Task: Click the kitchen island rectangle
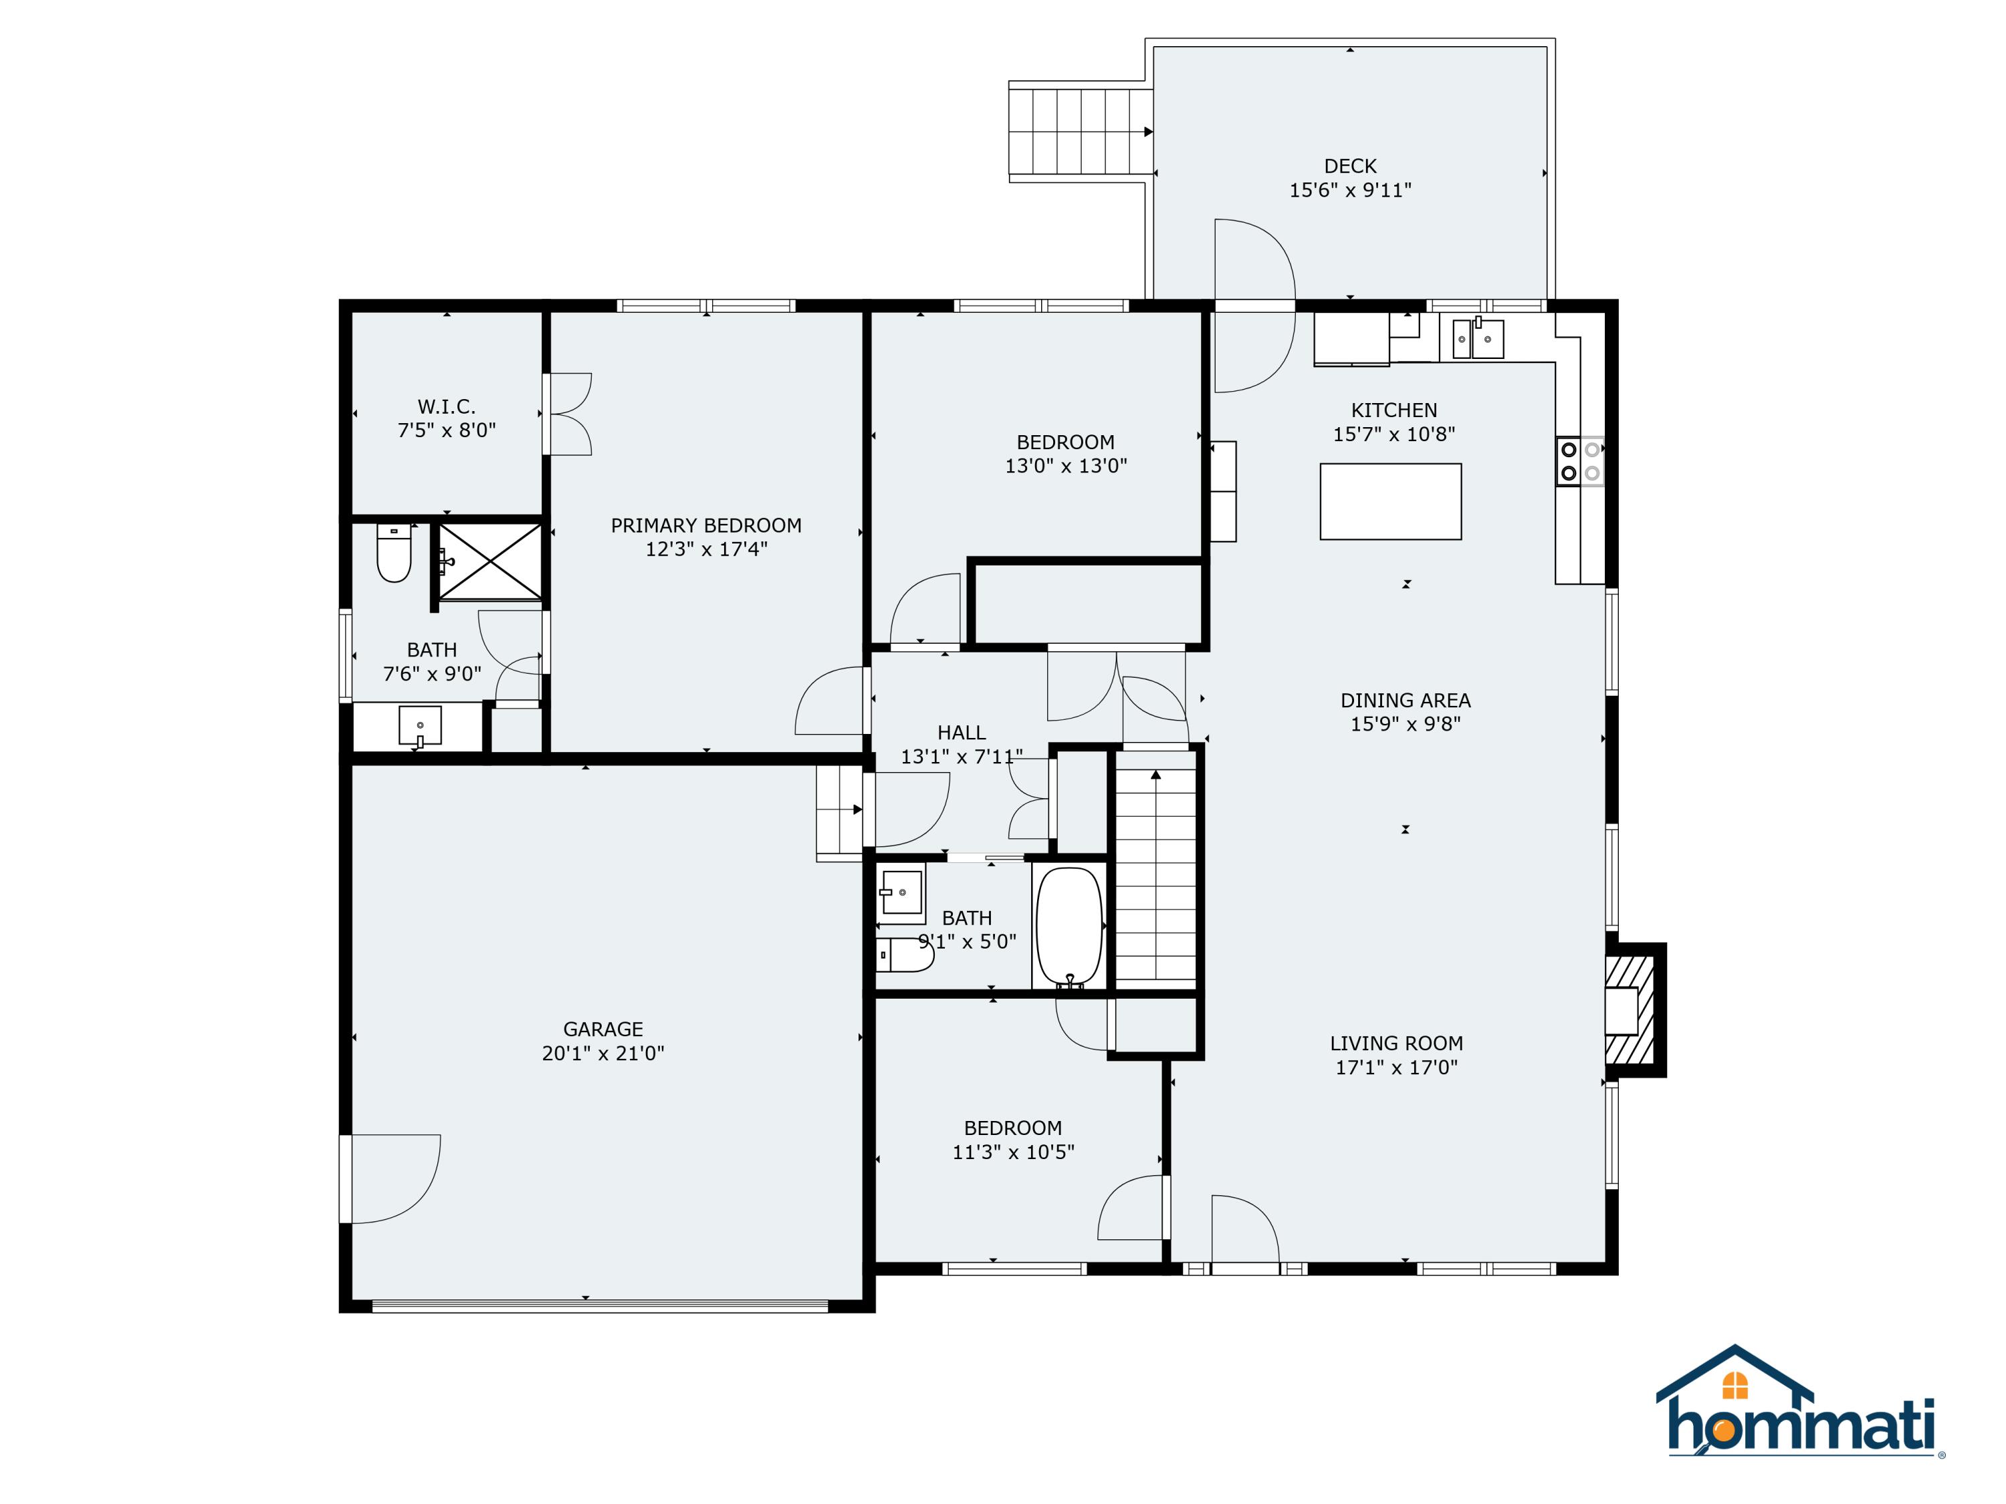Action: pos(1389,501)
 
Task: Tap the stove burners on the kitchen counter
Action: pos(1579,461)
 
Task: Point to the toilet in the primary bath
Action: pos(394,553)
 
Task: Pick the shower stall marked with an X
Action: pos(489,562)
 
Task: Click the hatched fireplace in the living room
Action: pos(1630,1009)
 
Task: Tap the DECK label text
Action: pos(1349,166)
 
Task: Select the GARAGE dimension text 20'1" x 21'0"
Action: pos(603,1053)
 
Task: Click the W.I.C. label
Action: pos(446,406)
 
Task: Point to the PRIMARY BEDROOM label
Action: pos(705,525)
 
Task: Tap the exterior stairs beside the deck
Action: pos(1079,132)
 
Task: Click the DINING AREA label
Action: pos(1405,700)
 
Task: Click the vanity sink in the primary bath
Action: pos(420,726)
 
